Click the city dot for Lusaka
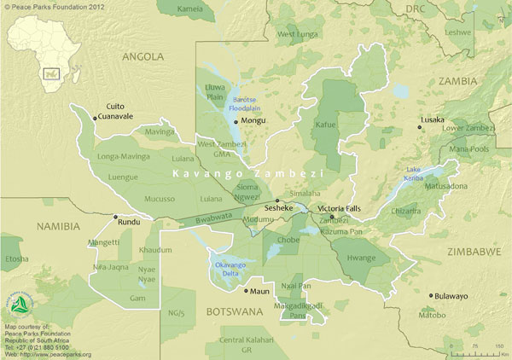(x=420, y=127)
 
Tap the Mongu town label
(x=254, y=120)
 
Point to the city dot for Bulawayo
(x=431, y=296)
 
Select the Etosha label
(x=15, y=258)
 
